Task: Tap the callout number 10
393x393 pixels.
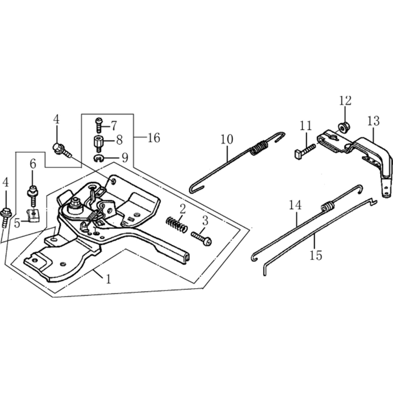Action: point(227,140)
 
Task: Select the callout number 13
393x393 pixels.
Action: point(373,121)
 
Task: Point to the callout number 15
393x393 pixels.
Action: point(316,255)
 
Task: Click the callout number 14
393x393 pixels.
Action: point(295,205)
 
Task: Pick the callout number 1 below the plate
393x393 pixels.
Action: point(108,279)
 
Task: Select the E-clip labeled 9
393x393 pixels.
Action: point(99,158)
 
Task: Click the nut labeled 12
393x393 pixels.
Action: point(342,127)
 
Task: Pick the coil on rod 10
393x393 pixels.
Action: point(259,147)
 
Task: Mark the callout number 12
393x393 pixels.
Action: point(345,101)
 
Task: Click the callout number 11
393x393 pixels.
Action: point(305,125)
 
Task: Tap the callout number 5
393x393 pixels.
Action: point(17,223)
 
